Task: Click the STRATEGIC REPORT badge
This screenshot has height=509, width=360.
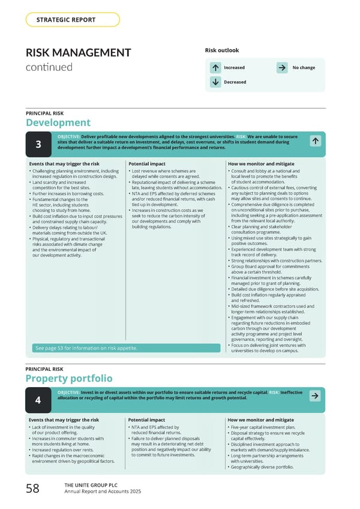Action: pos(73,20)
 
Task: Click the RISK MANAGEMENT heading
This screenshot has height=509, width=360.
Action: pos(79,53)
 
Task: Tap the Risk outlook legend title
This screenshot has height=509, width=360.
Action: pos(222,50)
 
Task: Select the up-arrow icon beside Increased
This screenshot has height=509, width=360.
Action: pos(215,68)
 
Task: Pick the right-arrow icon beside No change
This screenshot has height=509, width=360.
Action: pos(283,68)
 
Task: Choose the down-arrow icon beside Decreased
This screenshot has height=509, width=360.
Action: pos(215,82)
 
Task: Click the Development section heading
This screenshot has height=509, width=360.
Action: pos(58,123)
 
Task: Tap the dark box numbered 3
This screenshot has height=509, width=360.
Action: pos(38,145)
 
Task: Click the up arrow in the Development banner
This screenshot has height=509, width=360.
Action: pos(315,140)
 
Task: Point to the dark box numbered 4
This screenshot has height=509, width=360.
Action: pos(38,400)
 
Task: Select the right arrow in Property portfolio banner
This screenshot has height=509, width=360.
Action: pos(315,396)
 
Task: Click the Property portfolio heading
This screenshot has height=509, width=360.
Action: pos(68,378)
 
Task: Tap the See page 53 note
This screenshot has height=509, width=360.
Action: pos(86,348)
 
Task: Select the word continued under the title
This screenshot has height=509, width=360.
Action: pos(49,67)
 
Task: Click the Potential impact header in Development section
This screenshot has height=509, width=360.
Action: pos(146,164)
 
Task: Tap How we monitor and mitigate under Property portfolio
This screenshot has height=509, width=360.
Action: pos(260,420)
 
